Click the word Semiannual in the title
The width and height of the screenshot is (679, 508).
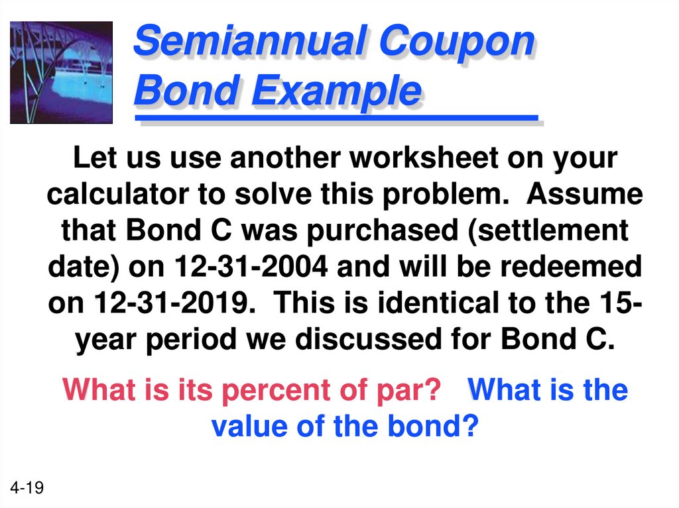251,42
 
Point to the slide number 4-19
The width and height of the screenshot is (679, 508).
27,488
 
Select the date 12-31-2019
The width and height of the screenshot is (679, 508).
172,303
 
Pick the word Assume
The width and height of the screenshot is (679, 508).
584,195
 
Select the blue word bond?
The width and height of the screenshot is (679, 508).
430,426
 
